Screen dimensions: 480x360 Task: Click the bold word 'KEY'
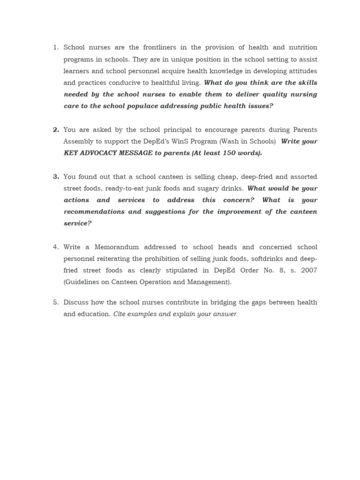point(72,153)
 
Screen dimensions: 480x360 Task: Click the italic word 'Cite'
point(120,314)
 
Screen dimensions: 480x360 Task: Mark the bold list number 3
point(56,176)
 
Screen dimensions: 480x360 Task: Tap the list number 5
point(55,302)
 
